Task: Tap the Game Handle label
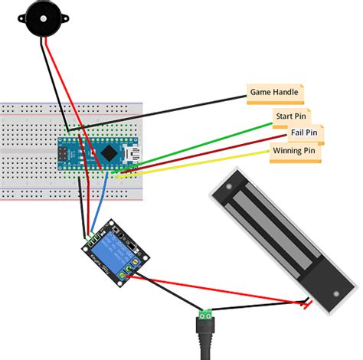coord(275,93)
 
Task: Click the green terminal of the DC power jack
coord(205,315)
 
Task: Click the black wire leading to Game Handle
coord(168,111)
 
